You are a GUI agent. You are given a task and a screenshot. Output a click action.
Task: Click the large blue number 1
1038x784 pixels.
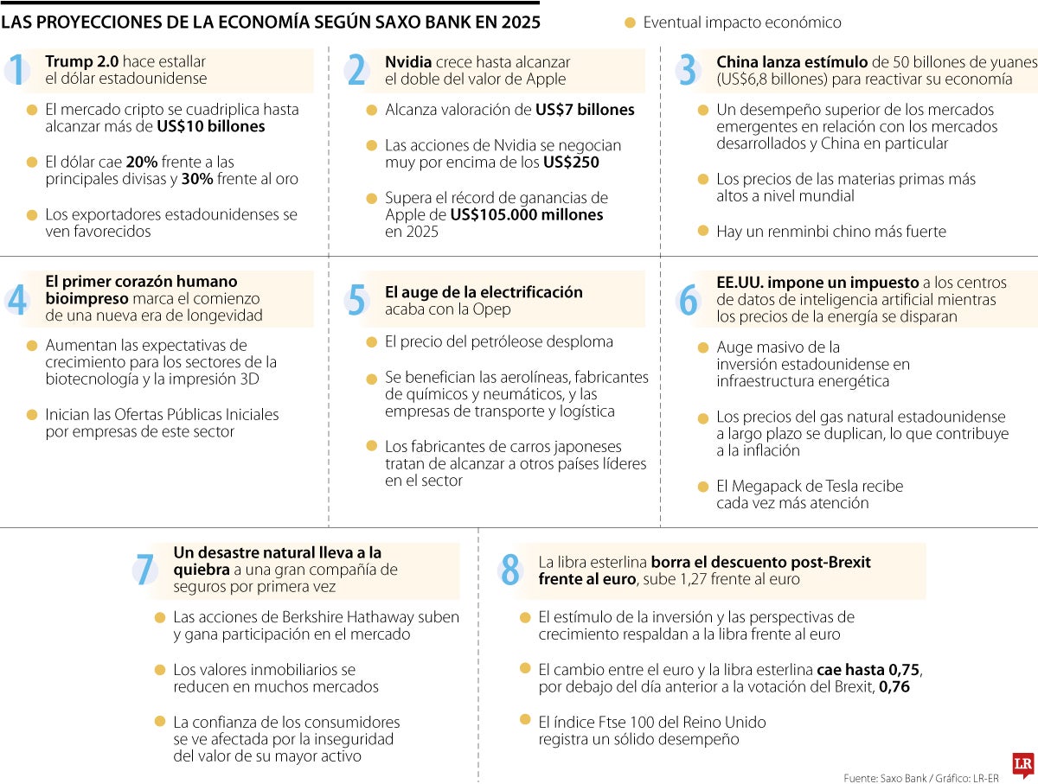coord(16,70)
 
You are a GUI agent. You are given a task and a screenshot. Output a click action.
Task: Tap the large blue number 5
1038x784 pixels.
coord(356,299)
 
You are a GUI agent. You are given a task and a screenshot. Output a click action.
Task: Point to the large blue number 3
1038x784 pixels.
coord(688,70)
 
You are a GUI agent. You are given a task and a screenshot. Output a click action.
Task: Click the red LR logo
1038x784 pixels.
coord(1023,764)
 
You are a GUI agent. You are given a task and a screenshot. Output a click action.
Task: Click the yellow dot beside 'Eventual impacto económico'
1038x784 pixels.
coord(630,22)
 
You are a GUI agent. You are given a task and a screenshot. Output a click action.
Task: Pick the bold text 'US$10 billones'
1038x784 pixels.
coord(211,126)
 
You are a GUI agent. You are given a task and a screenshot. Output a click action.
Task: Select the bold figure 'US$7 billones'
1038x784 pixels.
coord(585,110)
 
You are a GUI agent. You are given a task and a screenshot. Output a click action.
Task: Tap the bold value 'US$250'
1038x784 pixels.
coord(571,163)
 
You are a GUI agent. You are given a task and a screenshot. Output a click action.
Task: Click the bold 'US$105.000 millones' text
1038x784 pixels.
coord(527,214)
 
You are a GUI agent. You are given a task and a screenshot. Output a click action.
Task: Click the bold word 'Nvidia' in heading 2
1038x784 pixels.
coord(408,61)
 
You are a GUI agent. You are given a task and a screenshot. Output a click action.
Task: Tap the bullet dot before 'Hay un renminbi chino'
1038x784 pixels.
coord(702,231)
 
